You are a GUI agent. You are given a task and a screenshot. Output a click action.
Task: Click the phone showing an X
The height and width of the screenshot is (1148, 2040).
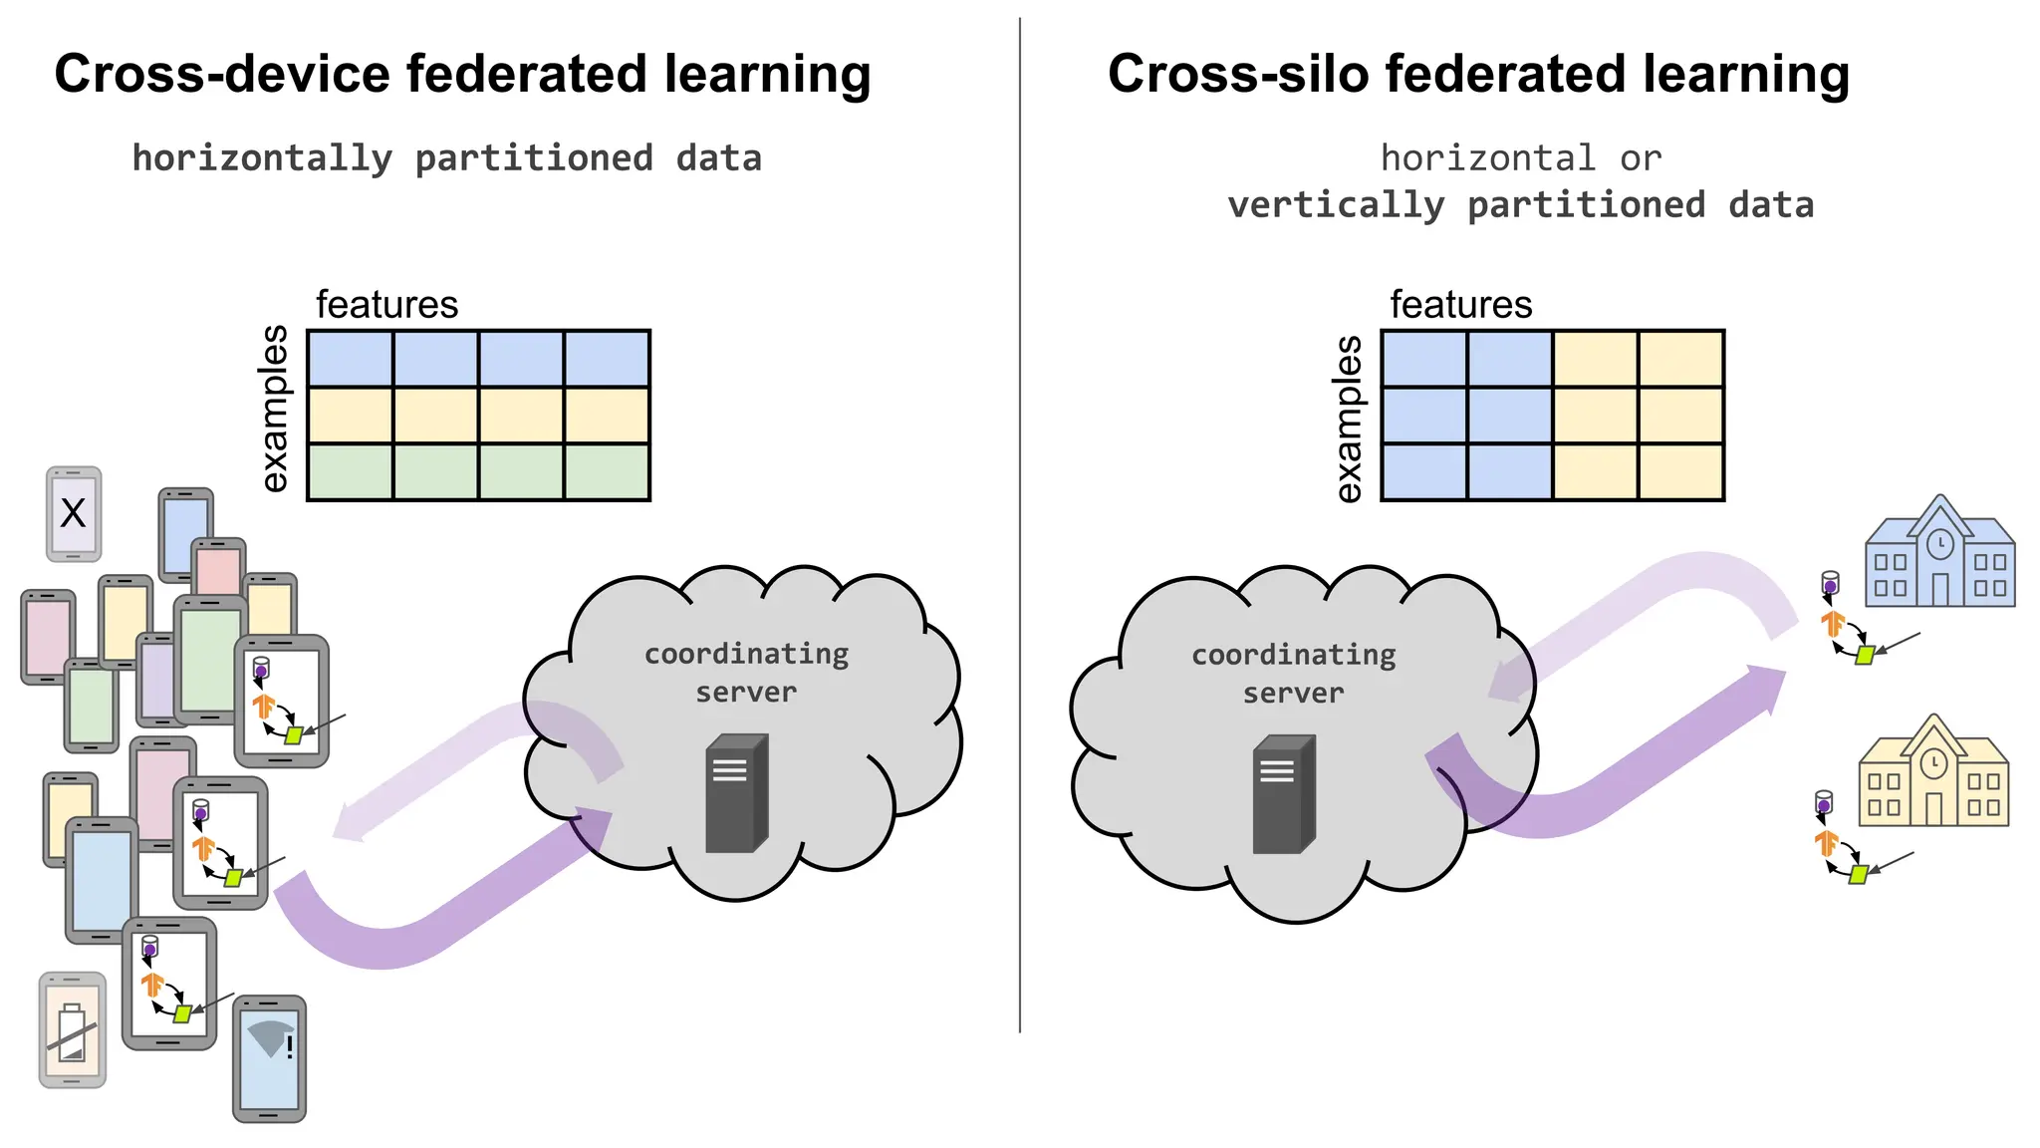coord(74,513)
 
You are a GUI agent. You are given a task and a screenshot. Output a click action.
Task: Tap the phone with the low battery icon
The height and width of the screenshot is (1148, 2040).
coord(72,1030)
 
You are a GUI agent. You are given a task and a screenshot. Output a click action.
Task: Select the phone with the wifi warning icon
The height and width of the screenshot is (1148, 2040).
coord(269,1058)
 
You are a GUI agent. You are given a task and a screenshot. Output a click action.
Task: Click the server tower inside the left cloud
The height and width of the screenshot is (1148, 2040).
coord(736,794)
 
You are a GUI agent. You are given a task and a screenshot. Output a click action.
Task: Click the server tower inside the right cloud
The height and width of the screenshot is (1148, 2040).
coord(1283,795)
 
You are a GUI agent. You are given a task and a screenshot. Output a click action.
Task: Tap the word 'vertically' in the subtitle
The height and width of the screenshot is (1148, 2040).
coord(1335,205)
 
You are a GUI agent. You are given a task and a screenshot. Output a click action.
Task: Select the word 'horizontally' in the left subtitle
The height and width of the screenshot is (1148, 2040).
coord(262,158)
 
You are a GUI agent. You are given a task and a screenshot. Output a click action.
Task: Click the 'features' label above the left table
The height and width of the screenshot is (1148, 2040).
coord(386,304)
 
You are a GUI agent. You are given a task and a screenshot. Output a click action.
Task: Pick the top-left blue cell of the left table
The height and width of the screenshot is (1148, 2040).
coord(350,359)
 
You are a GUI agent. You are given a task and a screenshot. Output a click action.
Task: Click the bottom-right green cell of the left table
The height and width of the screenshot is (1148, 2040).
coord(607,472)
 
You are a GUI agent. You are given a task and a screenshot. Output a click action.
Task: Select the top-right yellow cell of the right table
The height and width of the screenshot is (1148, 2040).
coord(1681,359)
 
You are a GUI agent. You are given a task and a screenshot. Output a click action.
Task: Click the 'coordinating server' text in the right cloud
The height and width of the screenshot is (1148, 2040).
coord(1293,674)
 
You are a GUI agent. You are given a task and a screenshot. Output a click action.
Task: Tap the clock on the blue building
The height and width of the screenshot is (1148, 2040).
coord(1939,544)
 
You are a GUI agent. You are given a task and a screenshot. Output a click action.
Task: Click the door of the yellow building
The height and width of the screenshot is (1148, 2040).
coord(1933,808)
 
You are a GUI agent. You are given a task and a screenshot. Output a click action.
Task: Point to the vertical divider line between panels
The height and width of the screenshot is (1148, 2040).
coord(1020,518)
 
